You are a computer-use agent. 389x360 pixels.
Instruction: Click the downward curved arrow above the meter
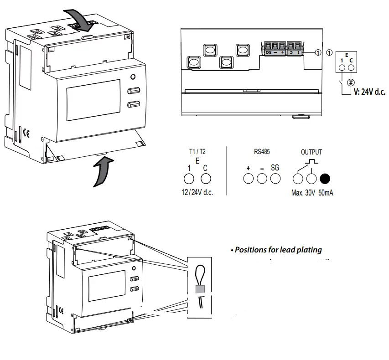[82, 18]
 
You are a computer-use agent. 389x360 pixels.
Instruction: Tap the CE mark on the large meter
[26, 134]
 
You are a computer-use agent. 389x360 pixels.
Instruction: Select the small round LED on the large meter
[133, 77]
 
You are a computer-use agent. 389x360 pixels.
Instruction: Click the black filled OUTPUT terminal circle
[325, 179]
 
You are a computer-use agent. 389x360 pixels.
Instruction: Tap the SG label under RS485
[275, 168]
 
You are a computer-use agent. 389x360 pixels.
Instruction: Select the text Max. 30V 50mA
[312, 193]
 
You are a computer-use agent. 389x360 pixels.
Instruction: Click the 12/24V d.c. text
[197, 193]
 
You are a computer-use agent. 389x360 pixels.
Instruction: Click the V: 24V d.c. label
[369, 92]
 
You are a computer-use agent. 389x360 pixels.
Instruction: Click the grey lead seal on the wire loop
[200, 289]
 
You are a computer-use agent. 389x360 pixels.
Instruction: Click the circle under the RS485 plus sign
[248, 179]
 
